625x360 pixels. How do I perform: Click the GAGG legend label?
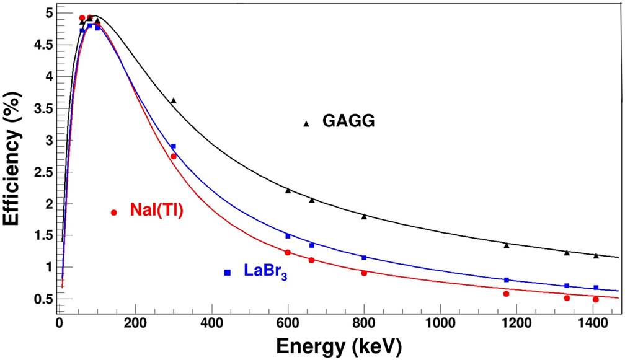pos(348,121)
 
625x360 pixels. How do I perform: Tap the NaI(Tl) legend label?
pos(157,210)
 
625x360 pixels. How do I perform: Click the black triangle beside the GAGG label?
pos(306,123)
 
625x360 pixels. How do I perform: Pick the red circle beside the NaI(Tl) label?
pos(114,213)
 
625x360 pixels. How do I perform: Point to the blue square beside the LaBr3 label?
pos(228,273)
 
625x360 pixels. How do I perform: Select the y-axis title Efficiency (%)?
pos(15,157)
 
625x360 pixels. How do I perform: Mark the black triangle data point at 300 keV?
pos(174,100)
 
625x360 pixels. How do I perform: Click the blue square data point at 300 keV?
pos(174,146)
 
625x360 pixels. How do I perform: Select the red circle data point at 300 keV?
pos(174,156)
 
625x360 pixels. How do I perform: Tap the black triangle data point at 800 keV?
pos(364,216)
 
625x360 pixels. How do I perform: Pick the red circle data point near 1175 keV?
pos(507,294)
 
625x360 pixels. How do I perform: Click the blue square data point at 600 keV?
pos(288,236)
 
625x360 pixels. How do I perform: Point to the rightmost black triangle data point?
pos(596,255)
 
